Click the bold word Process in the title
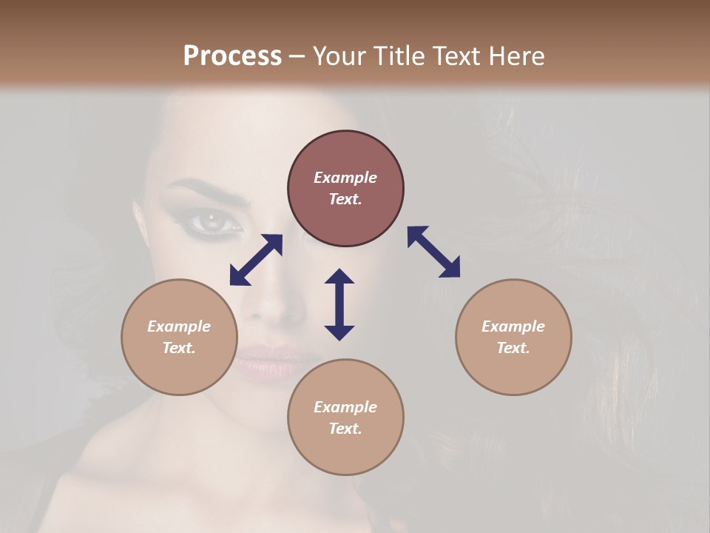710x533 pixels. (x=232, y=56)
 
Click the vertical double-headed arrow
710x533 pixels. (x=339, y=304)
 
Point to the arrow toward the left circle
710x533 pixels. (x=256, y=260)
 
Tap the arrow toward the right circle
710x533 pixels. (x=433, y=252)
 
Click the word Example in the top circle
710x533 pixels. (x=345, y=178)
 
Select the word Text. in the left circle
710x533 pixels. (x=179, y=348)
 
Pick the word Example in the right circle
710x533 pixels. (x=513, y=326)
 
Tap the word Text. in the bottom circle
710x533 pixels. (x=345, y=429)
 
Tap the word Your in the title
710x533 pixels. (x=339, y=56)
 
